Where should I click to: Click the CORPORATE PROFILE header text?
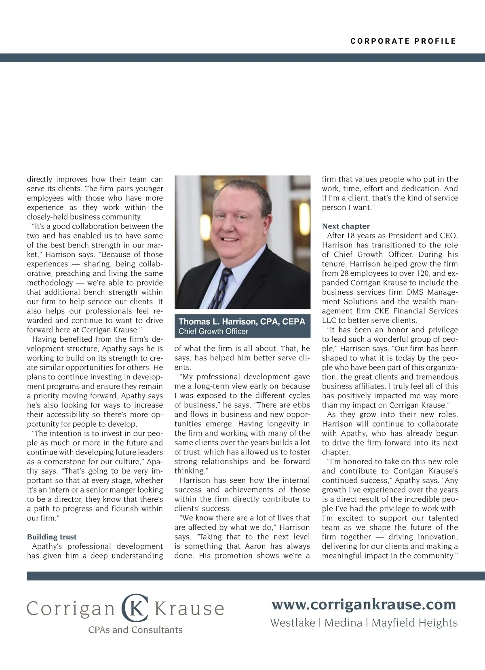(x=403, y=41)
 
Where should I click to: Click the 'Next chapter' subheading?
(x=346, y=226)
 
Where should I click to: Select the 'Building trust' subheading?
(x=52, y=537)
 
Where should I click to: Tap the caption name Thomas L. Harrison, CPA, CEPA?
(x=242, y=322)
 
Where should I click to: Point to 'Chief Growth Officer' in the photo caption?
(x=213, y=332)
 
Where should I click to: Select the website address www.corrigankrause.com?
(x=364, y=604)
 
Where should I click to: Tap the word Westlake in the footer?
(x=292, y=623)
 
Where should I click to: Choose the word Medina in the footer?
(x=343, y=623)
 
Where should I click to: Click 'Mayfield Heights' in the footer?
(x=414, y=623)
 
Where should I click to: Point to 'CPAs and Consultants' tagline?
(x=135, y=630)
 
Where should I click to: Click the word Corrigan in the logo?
(x=71, y=609)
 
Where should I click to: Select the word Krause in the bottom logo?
(x=190, y=609)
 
